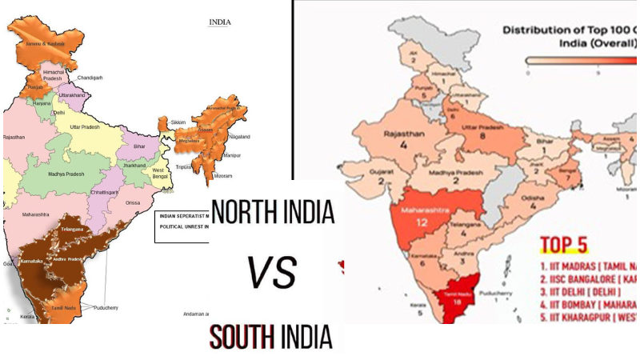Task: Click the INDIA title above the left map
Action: [x=219, y=22]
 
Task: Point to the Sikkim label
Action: [x=178, y=122]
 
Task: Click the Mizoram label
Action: [x=222, y=175]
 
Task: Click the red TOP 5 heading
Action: [x=569, y=243]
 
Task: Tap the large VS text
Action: [x=273, y=272]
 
